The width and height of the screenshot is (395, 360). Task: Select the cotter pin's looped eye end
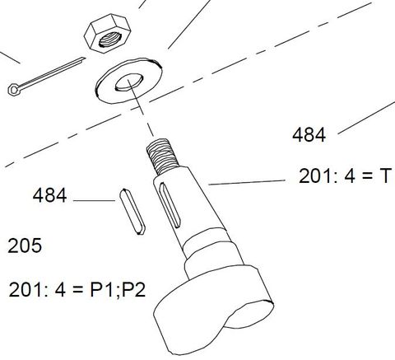tap(14, 89)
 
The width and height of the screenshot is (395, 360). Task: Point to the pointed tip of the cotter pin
tap(82, 59)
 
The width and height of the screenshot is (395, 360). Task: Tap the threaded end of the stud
tap(162, 153)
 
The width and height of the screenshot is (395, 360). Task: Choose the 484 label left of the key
tap(49, 197)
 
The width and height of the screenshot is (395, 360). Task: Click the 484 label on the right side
tap(309, 135)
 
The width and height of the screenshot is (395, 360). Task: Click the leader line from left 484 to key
tap(95, 201)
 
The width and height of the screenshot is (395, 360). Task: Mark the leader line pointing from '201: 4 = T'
tap(247, 181)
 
